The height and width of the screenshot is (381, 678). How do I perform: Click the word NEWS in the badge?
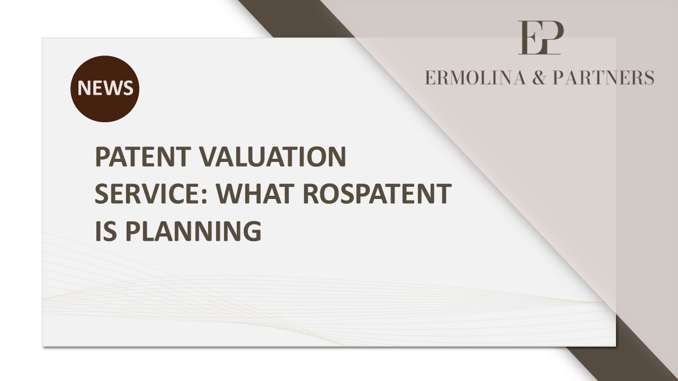click(105, 88)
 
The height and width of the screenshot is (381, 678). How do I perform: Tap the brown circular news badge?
click(105, 88)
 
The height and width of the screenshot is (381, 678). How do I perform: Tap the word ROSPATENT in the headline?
click(377, 193)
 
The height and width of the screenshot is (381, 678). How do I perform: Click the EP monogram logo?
click(541, 38)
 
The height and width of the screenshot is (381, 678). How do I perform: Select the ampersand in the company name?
click(539, 77)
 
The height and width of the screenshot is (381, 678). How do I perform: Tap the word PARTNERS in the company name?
click(603, 77)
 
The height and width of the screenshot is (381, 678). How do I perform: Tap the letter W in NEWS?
click(112, 88)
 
